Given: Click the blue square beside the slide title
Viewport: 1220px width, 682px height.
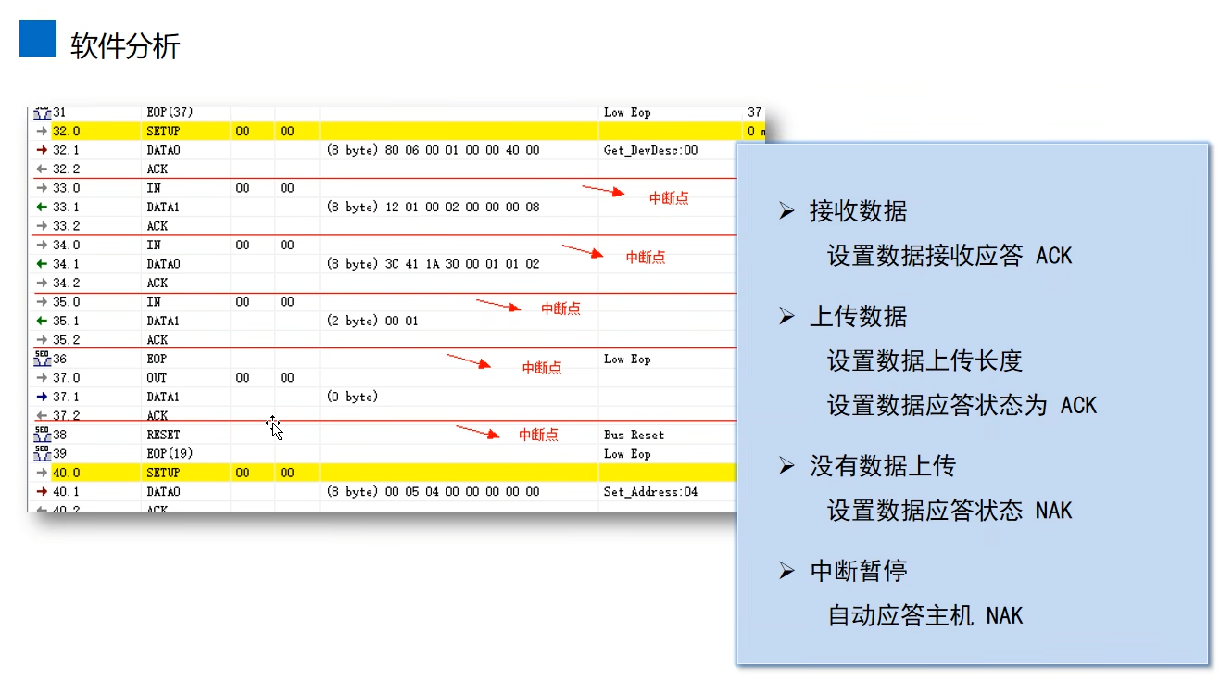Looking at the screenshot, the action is coord(38,39).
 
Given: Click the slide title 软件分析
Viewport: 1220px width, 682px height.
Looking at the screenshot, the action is coord(125,46).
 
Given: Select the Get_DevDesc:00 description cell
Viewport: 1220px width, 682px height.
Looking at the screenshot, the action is coord(650,150).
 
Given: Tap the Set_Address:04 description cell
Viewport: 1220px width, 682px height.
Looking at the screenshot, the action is coord(650,492).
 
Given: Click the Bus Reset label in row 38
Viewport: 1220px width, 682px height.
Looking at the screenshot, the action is coord(634,435).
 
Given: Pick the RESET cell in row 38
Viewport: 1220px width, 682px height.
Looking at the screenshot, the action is coord(163,435).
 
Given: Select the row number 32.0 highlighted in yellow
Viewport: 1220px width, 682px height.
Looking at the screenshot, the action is coord(66,132).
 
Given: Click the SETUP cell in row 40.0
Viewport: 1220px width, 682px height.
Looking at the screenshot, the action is coord(163,473).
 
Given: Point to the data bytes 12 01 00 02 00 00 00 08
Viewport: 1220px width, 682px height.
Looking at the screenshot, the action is coord(461,207).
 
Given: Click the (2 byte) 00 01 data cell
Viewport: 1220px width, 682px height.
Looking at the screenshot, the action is coord(372,321).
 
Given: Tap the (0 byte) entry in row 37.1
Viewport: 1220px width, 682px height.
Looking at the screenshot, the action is coord(352,397).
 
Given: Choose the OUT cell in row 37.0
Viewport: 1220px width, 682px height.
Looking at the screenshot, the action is coord(157,378).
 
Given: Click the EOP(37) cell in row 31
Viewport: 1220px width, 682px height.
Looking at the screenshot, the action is coord(170,112).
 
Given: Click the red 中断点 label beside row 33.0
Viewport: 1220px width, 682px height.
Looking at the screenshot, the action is coord(668,198).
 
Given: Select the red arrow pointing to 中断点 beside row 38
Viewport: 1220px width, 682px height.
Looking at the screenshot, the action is coord(475,432).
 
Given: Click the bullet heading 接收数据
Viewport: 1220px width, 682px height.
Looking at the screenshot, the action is coord(858,212).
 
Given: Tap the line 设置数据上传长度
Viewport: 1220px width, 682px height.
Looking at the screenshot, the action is coord(924,360).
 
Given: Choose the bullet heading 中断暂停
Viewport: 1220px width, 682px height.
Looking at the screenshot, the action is coord(858,571).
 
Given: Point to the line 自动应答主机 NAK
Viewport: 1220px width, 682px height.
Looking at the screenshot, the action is coord(924,615).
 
